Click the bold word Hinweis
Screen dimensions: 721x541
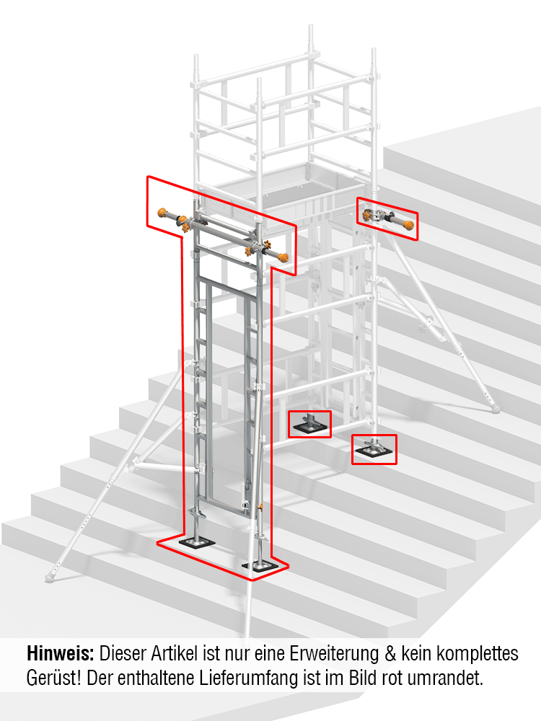click(x=60, y=655)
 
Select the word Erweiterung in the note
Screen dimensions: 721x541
click(x=328, y=655)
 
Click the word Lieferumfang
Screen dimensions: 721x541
click(x=269, y=678)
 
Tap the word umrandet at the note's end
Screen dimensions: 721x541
click(x=456, y=678)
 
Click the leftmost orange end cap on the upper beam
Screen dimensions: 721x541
click(x=162, y=213)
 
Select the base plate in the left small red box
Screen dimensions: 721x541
click(x=310, y=428)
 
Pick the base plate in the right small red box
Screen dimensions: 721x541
click(x=374, y=452)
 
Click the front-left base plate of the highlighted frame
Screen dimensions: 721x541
click(x=195, y=543)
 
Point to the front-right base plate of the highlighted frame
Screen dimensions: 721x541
click(x=258, y=567)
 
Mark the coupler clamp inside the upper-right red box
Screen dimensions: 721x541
click(x=377, y=215)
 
